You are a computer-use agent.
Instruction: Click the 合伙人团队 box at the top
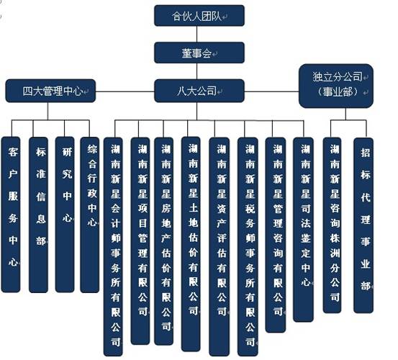click(199, 16)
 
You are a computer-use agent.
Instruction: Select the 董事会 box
click(199, 53)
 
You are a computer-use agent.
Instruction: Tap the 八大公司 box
click(199, 91)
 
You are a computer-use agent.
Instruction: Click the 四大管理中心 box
click(50, 91)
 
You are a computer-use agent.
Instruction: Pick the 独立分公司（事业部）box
click(336, 86)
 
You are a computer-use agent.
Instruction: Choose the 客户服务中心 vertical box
click(11, 215)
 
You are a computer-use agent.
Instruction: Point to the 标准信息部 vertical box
click(39, 215)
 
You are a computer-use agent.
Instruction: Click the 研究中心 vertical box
click(65, 215)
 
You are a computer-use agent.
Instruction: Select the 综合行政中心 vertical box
click(89, 215)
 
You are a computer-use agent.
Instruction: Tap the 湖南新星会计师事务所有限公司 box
click(113, 247)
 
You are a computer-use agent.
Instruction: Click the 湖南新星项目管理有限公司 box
click(140, 241)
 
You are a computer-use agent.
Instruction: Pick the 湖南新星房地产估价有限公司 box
click(164, 241)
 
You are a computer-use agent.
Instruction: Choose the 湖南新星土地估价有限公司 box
click(191, 244)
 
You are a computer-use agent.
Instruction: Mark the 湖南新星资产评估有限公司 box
click(220, 247)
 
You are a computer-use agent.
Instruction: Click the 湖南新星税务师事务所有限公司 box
click(248, 247)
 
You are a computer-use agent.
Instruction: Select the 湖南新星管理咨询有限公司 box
click(276, 235)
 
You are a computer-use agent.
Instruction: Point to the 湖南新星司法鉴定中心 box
click(303, 230)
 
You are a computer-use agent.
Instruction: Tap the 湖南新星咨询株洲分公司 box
click(332, 225)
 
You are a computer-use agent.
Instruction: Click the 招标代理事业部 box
click(363, 225)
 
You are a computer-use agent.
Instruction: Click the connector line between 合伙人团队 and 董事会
click(197, 35)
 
